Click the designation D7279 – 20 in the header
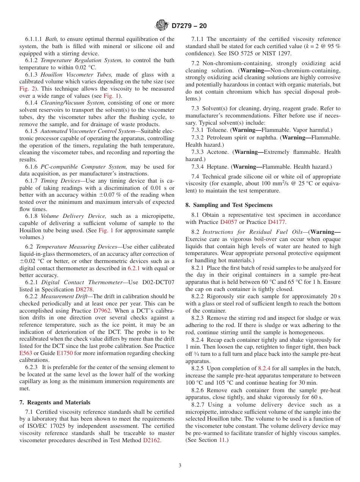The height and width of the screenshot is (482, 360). pos(189,26)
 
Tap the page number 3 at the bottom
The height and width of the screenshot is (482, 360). pos(180,465)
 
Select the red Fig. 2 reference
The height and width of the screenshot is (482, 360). pos(27,89)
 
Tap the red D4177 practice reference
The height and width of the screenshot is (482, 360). pos(277,222)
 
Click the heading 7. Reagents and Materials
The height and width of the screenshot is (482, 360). pos(55,402)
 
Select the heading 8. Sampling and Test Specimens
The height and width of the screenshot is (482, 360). pos(229,205)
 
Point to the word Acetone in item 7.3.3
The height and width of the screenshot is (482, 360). pos(218,152)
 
